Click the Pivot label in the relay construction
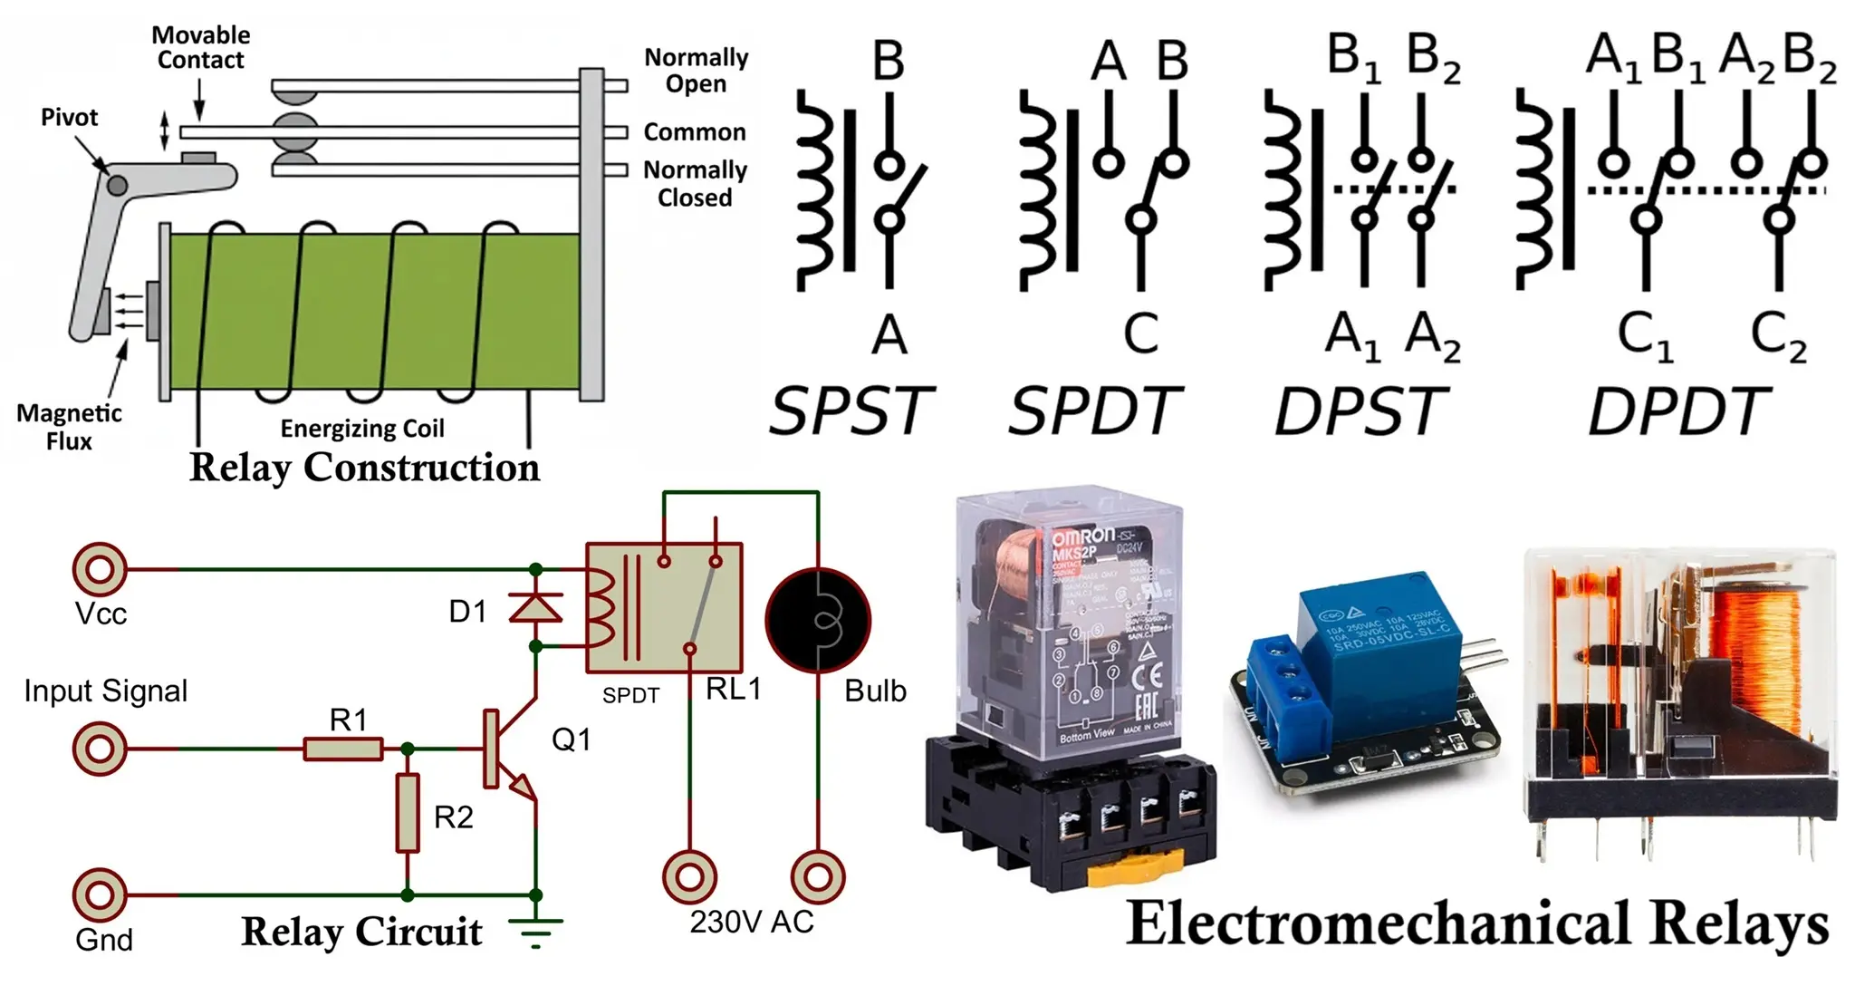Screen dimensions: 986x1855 69,118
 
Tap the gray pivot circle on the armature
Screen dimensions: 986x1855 117,186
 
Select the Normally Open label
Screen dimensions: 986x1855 696,71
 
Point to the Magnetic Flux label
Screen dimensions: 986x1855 69,427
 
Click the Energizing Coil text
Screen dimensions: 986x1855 362,428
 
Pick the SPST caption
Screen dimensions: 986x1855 850,411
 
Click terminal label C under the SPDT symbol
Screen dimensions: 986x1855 1140,333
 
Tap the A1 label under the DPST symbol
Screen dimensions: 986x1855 1352,335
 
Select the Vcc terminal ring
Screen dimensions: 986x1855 100,569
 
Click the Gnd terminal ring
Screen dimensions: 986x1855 100,894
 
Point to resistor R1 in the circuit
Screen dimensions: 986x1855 343,749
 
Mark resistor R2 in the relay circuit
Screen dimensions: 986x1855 408,813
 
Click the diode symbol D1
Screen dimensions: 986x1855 535,607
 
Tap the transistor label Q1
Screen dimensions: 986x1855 571,739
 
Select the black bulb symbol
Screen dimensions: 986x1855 818,620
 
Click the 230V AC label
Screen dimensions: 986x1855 752,922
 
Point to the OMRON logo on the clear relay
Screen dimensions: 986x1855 1082,536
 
